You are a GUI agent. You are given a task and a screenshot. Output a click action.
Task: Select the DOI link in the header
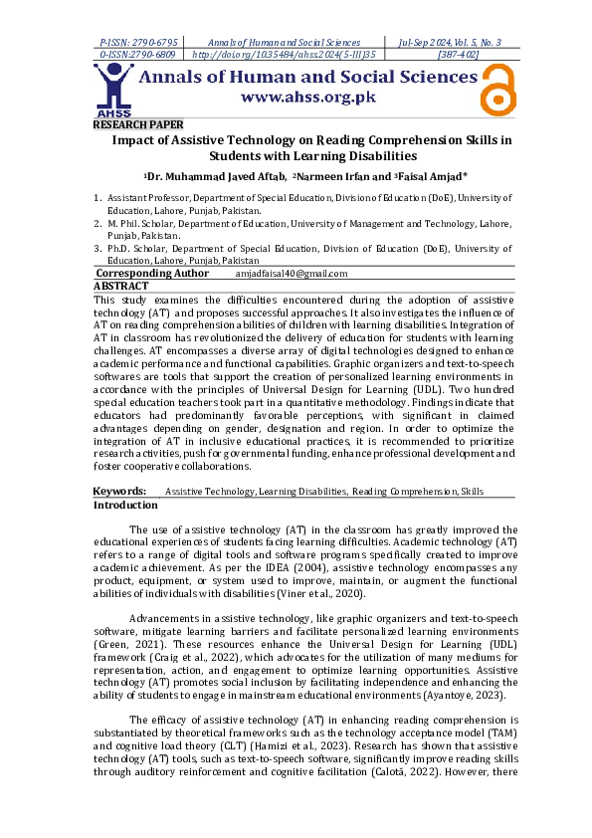(283, 55)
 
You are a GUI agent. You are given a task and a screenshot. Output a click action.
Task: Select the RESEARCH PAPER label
(138, 125)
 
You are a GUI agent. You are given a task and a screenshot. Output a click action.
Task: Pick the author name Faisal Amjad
(421, 177)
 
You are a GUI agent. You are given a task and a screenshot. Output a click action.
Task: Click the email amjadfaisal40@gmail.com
(291, 274)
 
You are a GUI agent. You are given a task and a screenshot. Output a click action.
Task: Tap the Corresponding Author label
(152, 274)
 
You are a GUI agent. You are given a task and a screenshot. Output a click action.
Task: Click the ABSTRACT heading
(120, 285)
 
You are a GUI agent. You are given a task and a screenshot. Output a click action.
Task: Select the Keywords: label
(119, 492)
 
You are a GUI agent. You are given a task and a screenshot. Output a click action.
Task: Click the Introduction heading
(125, 505)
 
